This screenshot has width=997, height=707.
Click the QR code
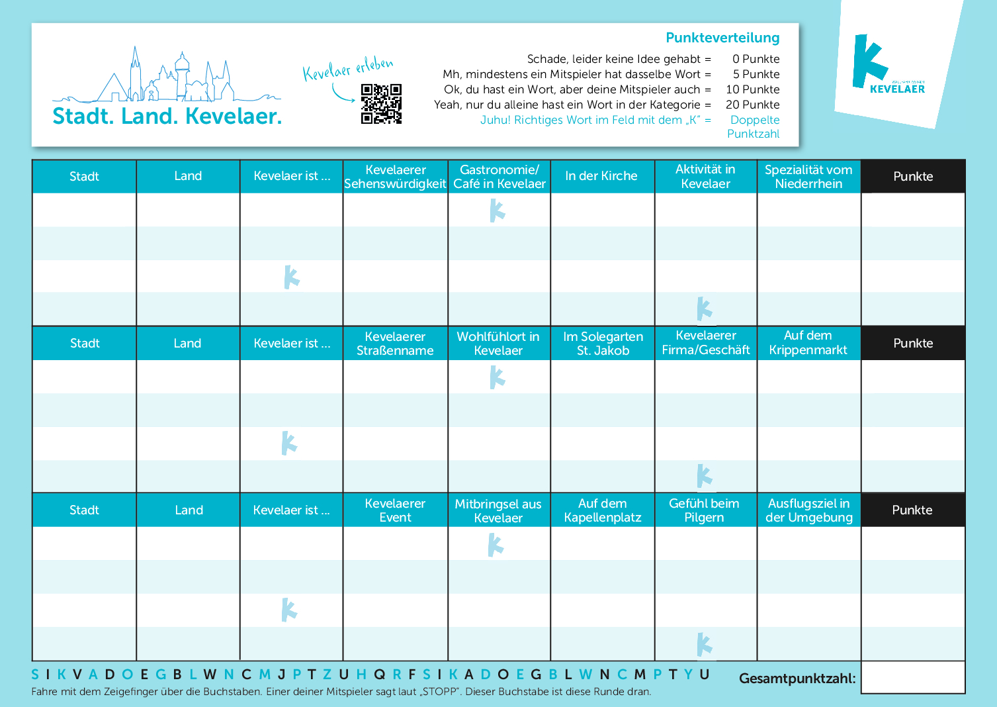(381, 104)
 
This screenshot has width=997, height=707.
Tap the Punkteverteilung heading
(722, 38)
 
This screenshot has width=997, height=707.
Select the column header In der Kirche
(601, 176)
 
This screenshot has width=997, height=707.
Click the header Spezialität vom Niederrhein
(808, 177)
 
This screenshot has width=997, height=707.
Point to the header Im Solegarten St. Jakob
(603, 344)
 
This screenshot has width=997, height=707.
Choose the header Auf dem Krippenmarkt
(808, 343)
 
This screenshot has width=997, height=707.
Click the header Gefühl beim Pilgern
(704, 510)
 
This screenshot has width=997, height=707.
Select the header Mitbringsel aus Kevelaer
(498, 510)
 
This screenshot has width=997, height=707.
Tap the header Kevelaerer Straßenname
(395, 344)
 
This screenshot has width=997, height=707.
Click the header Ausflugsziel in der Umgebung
(808, 510)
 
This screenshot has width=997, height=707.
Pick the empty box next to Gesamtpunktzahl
(912, 677)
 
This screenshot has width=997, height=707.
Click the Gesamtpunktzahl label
(797, 679)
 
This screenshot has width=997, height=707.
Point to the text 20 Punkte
(752, 105)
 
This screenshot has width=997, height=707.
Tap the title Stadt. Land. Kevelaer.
(167, 117)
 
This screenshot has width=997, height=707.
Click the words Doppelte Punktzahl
(754, 126)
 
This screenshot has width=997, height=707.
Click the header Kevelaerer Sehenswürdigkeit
(395, 177)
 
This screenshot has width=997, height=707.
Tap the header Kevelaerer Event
(395, 510)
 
